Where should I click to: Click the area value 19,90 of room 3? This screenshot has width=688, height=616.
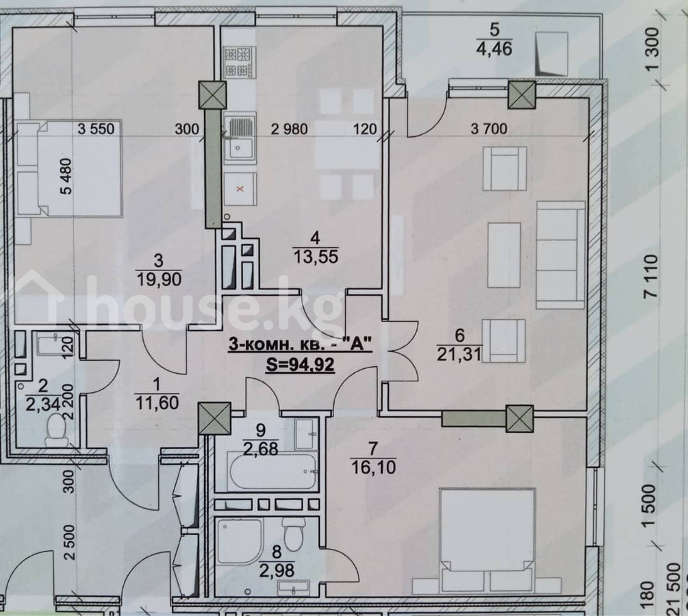pyautogui.click(x=158, y=279)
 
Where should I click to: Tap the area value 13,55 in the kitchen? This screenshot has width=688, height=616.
pyautogui.click(x=316, y=256)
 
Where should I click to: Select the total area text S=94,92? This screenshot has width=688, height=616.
pyautogui.click(x=301, y=363)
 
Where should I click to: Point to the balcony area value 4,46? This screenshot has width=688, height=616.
pyautogui.click(x=494, y=48)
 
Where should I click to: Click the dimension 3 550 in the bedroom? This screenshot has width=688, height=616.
pyautogui.click(x=96, y=129)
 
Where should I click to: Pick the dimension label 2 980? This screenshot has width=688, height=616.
pyautogui.click(x=290, y=129)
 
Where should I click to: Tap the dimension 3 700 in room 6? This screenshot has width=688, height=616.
pyautogui.click(x=489, y=129)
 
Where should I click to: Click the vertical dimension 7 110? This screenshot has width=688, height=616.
pyautogui.click(x=652, y=276)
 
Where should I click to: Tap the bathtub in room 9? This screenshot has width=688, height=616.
pyautogui.click(x=273, y=472)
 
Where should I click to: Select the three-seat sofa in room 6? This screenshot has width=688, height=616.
pyautogui.click(x=561, y=255)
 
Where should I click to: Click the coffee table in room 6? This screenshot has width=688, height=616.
pyautogui.click(x=505, y=255)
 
